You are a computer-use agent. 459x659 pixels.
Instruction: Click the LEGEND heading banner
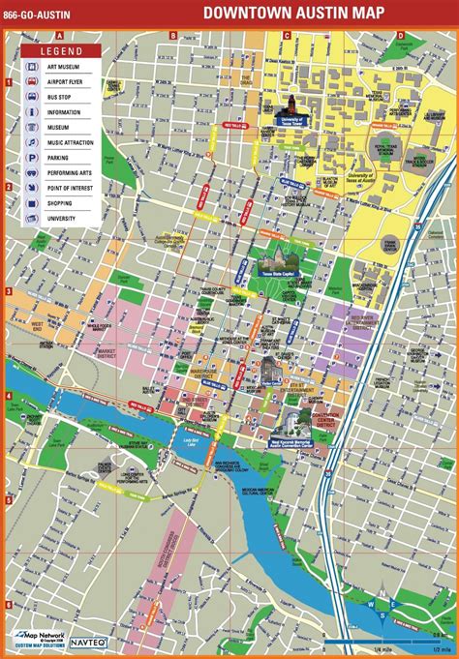click(59, 48)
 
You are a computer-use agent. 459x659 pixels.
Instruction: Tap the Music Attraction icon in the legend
click(33, 141)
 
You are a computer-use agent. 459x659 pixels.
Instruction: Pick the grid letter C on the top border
click(286, 35)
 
